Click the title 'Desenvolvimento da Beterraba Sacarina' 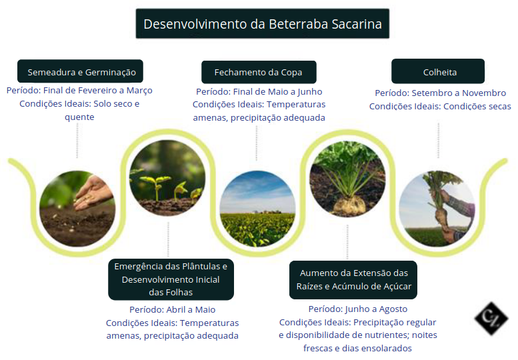click(x=262, y=24)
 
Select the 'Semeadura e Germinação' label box click(x=80, y=71)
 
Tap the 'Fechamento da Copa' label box click(x=259, y=72)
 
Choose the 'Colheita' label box click(x=438, y=71)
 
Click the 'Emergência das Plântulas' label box click(x=171, y=279)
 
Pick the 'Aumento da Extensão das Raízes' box click(x=353, y=280)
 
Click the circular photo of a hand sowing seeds click(x=77, y=209)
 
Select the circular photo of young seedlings click(x=167, y=178)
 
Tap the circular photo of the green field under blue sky click(x=258, y=209)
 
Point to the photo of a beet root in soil click(x=347, y=179)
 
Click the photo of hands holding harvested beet click(x=437, y=209)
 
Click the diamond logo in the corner click(x=491, y=319)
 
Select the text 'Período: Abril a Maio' click(x=173, y=310)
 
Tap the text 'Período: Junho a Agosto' click(x=358, y=309)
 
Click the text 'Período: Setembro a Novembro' click(x=441, y=93)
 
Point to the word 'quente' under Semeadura click(x=79, y=117)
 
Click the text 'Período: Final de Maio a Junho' click(x=259, y=92)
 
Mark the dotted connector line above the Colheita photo click(x=439, y=141)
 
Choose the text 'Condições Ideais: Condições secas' click(x=440, y=107)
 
